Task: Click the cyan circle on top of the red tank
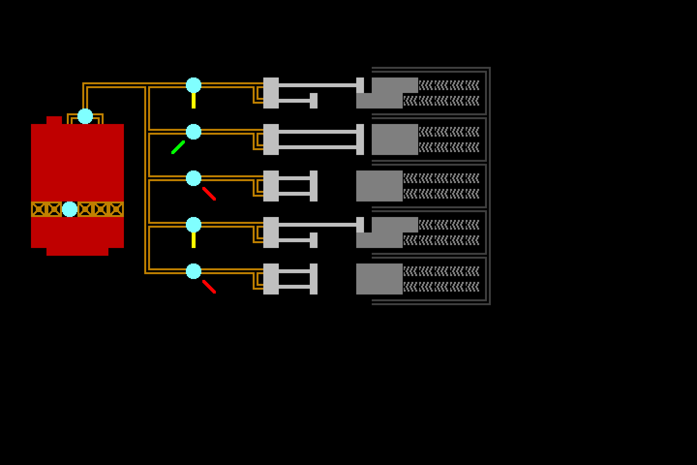coord(85,116)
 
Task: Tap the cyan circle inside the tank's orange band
coord(70,209)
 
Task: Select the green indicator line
coord(178,147)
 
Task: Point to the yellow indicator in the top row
coord(194,100)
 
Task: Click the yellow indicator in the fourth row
coord(194,240)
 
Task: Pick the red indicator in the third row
coord(209,193)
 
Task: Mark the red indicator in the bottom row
coord(209,286)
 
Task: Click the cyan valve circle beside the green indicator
coord(194,132)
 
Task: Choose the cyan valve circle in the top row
coord(194,85)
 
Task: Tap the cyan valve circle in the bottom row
coord(194,271)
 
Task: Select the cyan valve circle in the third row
coord(194,178)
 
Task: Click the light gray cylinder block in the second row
coord(271,139)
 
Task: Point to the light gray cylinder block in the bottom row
coord(271,279)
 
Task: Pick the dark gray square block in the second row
coord(395,139)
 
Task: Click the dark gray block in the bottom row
coord(379,279)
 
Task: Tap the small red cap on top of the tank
coord(54,120)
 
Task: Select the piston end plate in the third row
coord(314,186)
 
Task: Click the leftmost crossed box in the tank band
coord(39,209)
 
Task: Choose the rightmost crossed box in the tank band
coord(116,209)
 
